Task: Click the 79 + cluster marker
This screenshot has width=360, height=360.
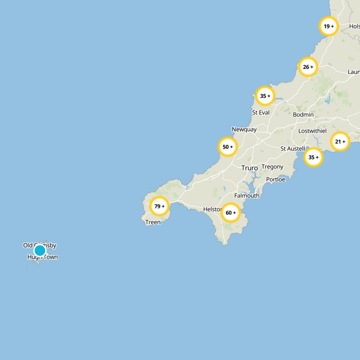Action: point(159,207)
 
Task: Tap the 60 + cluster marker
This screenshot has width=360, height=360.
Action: point(231,212)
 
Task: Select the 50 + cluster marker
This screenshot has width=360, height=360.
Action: point(228,147)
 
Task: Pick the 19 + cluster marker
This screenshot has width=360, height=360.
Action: point(328,26)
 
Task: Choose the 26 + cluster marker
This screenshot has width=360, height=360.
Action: point(308,67)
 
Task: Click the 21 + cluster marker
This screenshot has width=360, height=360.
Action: point(340,142)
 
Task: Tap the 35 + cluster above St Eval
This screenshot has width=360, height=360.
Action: point(265,96)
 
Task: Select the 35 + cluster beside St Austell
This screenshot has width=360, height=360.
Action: point(313,157)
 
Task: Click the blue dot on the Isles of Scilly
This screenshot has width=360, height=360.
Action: point(40,250)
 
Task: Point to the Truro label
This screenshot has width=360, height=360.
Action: point(249,168)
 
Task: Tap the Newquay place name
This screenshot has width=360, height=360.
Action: point(244,130)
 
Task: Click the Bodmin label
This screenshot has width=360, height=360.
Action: point(303,115)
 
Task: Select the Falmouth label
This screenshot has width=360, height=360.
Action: point(247,196)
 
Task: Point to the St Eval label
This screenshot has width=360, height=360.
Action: point(261,112)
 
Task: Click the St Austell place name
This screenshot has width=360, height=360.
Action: point(292,148)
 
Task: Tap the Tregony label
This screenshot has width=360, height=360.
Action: point(272,167)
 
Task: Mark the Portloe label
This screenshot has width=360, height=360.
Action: point(275,180)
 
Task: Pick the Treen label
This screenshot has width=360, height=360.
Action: point(153,222)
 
